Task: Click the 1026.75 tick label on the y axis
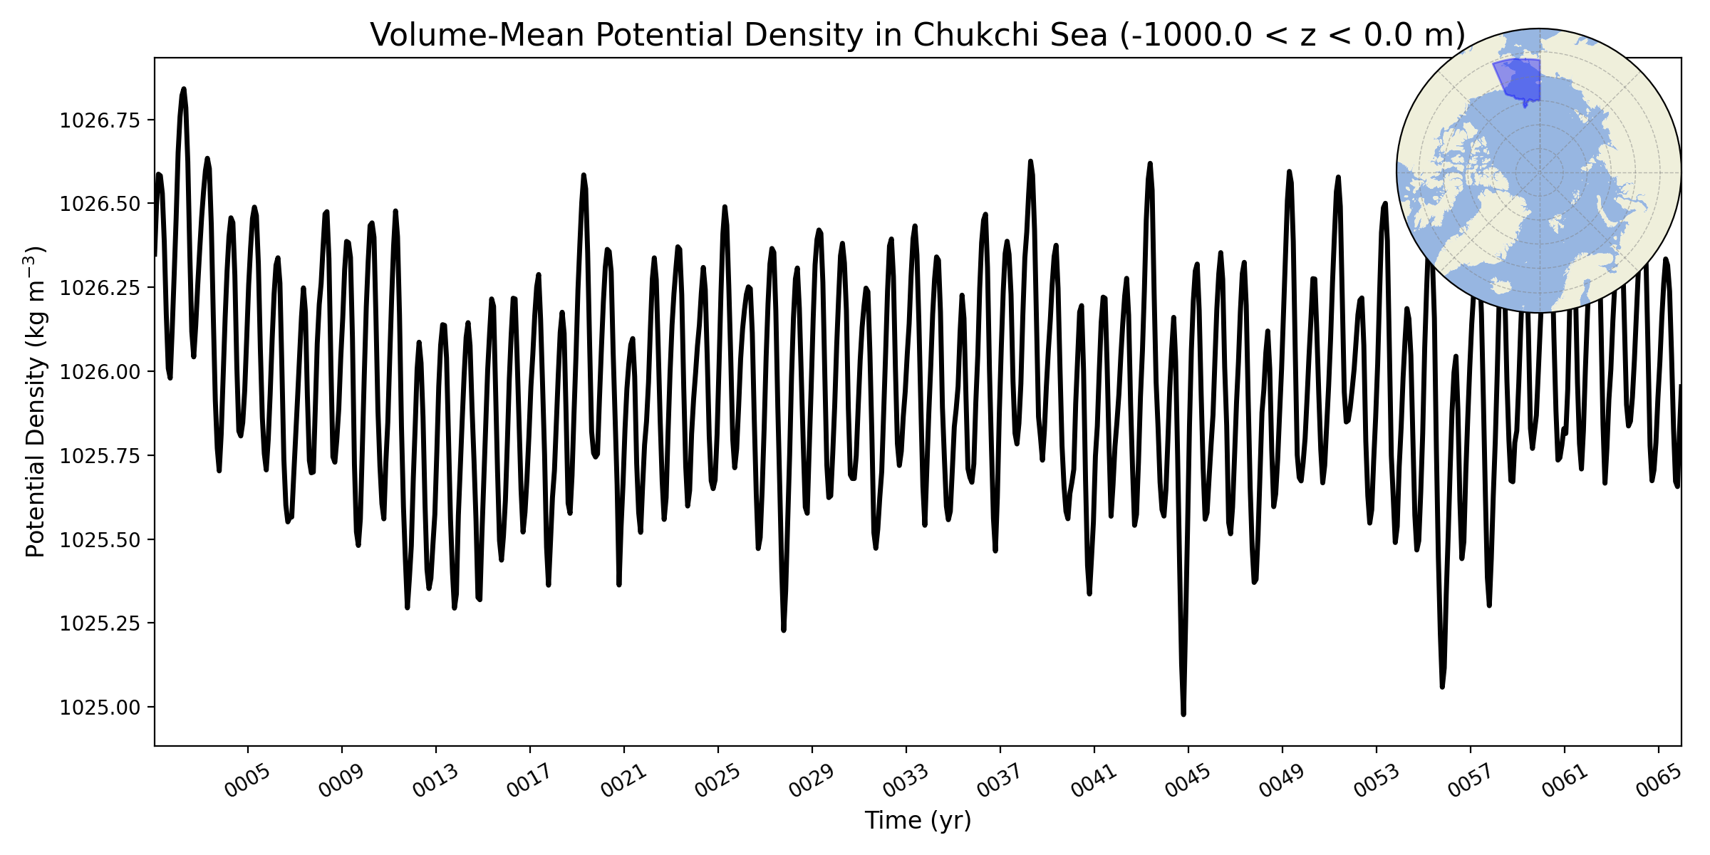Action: (100, 120)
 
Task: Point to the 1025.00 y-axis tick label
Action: (100, 708)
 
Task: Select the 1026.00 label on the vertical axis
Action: (100, 372)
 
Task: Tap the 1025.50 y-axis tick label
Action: (100, 539)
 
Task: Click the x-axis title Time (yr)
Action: (918, 821)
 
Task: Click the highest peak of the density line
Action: (184, 88)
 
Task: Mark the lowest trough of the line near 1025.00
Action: (1183, 714)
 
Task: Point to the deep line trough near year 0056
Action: (1442, 687)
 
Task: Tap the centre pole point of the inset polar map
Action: (1539, 172)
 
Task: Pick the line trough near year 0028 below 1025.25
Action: (784, 631)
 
